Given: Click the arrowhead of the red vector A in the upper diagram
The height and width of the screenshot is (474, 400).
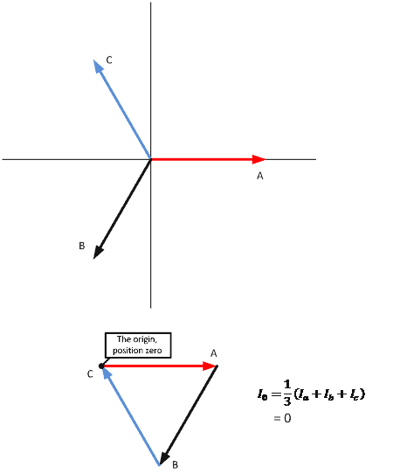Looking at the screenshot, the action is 259,159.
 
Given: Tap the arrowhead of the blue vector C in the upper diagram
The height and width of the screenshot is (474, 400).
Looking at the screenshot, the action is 98,66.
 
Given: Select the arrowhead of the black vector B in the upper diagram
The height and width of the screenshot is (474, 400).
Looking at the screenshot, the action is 98,253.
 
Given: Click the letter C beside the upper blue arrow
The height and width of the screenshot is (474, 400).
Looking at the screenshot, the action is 109,60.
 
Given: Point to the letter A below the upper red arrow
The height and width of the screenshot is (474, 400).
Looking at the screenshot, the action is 260,176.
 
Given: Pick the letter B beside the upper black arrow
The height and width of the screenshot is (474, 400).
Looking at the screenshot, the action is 82,246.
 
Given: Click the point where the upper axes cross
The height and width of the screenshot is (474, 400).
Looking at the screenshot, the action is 150,159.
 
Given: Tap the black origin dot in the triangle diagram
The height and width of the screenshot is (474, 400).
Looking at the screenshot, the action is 101,366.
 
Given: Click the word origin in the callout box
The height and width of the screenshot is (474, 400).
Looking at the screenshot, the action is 145,339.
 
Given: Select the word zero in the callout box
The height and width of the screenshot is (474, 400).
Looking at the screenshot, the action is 154,351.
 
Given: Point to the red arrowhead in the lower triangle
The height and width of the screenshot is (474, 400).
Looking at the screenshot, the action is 210,366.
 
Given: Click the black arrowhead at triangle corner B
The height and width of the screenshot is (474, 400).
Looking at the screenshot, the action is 164,458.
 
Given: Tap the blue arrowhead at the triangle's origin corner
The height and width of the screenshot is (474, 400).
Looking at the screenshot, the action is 107,373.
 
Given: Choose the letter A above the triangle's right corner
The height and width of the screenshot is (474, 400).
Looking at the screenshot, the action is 214,353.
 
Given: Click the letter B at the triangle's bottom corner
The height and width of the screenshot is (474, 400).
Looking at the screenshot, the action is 175,464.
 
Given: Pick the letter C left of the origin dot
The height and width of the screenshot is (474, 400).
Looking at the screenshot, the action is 90,374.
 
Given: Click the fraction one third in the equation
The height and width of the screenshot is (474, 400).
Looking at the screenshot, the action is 287,393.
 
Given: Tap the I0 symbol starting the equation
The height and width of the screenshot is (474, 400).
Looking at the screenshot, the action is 262,394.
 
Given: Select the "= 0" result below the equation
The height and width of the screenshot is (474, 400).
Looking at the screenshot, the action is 282,418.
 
